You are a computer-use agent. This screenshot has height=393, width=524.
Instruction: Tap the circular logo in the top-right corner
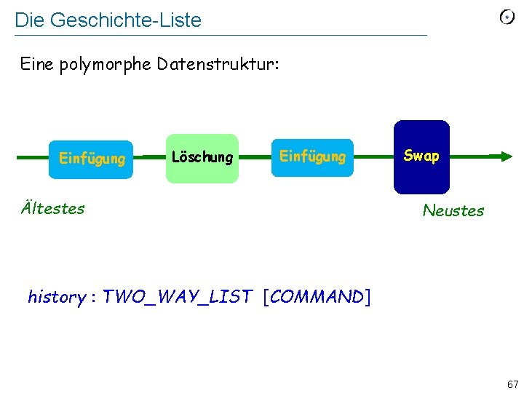[x=507, y=17]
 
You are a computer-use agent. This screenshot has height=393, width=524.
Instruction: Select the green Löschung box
[x=202, y=157]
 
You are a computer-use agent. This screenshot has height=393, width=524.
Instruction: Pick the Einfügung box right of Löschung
[x=312, y=157]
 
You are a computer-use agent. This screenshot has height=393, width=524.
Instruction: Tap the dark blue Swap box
[x=421, y=156]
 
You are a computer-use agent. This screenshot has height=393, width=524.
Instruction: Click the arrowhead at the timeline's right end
[x=502, y=156]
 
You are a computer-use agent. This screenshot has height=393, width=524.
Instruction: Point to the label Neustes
[x=453, y=211]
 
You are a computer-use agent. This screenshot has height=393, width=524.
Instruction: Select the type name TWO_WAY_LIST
[x=177, y=297]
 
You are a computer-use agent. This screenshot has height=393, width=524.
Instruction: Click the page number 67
[x=513, y=384]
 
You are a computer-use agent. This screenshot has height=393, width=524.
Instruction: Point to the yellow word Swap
[x=421, y=156]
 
